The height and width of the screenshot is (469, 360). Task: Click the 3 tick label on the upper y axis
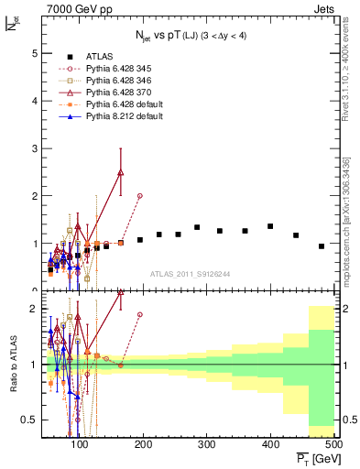[x=35, y=148]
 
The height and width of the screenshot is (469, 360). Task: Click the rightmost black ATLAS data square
[x=322, y=246]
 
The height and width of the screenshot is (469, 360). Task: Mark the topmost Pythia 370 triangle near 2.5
[x=121, y=172]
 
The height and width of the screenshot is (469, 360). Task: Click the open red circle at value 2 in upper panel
[x=139, y=196]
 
